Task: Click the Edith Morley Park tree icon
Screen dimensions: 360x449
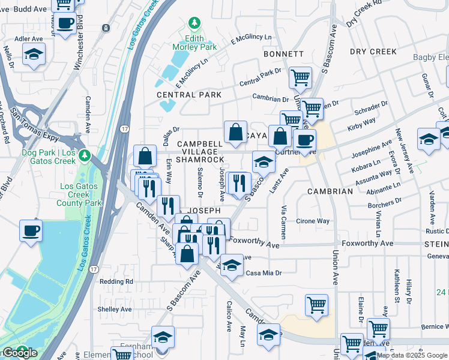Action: pos(194,23)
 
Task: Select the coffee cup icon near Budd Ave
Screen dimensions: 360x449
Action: pos(65,25)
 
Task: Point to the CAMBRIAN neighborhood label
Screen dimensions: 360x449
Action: pos(330,191)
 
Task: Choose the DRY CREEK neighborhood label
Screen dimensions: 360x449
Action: pos(373,52)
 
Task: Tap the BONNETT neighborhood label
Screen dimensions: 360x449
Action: pos(283,54)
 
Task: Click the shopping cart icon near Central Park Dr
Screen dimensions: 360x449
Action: pos(300,77)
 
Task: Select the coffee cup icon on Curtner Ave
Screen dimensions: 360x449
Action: pos(304,140)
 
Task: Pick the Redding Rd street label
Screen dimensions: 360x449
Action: pos(116,281)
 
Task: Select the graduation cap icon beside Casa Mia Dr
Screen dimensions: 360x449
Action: pos(232,265)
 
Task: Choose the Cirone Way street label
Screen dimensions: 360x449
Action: pos(313,221)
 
